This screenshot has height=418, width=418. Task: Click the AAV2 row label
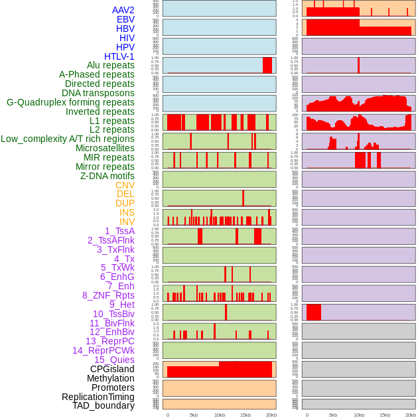(123, 10)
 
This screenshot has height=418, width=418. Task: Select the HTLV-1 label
(119, 56)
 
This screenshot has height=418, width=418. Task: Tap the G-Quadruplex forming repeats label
(70, 103)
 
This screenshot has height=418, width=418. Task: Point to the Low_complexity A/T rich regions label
(68, 139)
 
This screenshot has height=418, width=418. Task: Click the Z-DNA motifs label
(107, 176)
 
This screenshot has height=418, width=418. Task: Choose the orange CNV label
(125, 185)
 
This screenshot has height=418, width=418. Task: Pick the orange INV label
(127, 222)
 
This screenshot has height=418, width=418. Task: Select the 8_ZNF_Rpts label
(108, 295)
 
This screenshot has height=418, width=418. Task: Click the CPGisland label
(112, 369)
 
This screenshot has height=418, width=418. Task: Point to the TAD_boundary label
(104, 405)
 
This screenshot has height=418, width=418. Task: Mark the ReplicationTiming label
(98, 397)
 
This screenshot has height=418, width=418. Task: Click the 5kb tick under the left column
(194, 415)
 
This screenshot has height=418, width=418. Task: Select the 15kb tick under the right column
(385, 415)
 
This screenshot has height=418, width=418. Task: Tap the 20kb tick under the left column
(271, 415)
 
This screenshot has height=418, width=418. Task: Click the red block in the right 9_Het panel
(314, 312)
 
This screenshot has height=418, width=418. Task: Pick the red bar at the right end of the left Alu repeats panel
(267, 65)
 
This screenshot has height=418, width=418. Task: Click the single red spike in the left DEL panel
(244, 198)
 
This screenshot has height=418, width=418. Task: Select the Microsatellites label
(105, 148)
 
